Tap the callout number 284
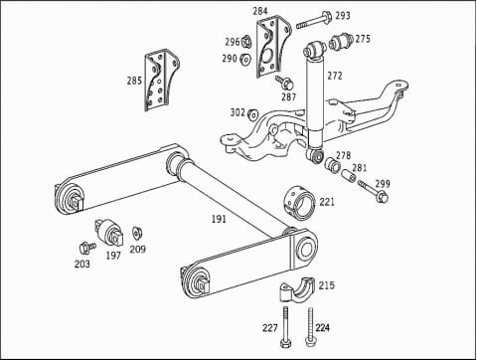[260, 12]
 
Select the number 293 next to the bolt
[342, 16]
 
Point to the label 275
[363, 39]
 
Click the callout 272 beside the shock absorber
[335, 76]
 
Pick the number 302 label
[238, 113]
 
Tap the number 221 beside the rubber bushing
[327, 202]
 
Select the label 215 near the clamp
[326, 285]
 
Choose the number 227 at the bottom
[269, 327]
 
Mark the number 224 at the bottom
[322, 327]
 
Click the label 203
[82, 265]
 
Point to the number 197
[113, 257]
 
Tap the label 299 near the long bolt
[383, 184]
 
